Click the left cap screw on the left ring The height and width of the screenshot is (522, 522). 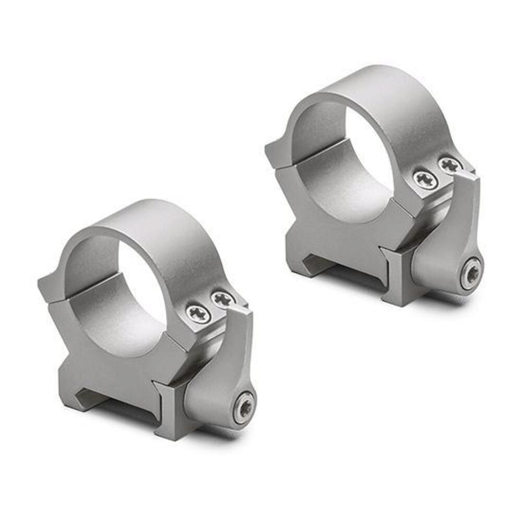point(199,314)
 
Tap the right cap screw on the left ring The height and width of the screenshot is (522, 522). point(223,300)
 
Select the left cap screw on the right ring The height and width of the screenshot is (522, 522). point(425,180)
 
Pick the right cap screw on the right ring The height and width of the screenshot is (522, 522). point(449,165)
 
